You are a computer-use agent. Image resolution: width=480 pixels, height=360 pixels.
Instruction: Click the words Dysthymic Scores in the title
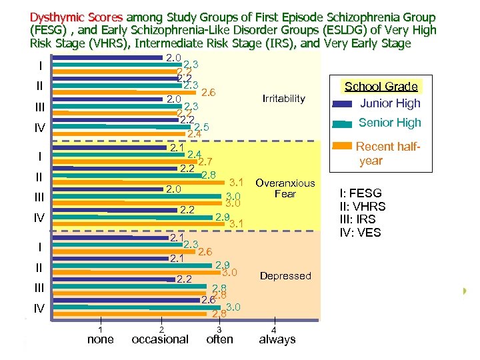coord(77,17)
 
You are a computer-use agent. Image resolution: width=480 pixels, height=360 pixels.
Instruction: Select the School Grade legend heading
coord(381,87)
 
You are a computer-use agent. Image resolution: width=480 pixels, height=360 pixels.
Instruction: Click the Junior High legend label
coord(390,103)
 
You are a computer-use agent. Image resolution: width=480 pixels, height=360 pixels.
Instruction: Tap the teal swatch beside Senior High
coord(342,123)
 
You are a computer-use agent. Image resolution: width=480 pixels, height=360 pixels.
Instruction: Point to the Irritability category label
coord(283,99)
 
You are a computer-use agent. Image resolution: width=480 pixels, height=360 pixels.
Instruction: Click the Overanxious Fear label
coord(285,188)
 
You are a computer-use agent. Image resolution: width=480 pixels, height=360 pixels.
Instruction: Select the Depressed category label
coord(285,275)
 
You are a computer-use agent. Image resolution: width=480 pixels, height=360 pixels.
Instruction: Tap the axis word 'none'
coord(101,339)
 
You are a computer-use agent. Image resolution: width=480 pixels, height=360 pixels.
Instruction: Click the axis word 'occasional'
coord(160,339)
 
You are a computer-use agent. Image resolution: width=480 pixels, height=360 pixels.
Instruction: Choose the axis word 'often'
coord(220,339)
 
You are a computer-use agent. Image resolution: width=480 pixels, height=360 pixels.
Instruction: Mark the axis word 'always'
coord(277,339)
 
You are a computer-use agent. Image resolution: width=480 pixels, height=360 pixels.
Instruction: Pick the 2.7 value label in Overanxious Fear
coord(205,161)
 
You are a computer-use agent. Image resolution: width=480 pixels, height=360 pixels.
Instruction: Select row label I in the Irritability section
coord(41,66)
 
